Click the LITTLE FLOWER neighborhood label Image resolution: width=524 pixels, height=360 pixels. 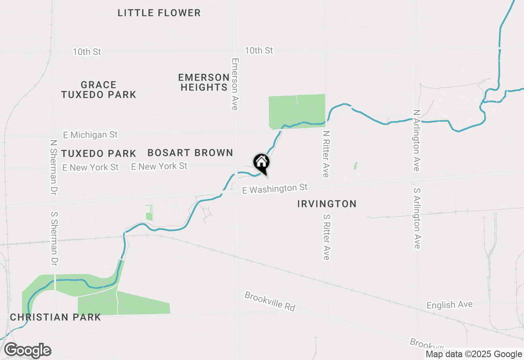click(x=159, y=13)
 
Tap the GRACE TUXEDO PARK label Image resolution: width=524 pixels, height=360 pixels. click(x=99, y=90)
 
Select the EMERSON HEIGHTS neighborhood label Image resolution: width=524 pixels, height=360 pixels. click(x=204, y=82)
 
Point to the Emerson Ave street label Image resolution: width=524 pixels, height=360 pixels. click(x=235, y=84)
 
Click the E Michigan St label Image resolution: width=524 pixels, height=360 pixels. click(x=90, y=135)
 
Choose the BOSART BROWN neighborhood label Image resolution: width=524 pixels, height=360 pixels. click(x=190, y=153)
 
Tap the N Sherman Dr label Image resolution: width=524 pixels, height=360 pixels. click(x=53, y=162)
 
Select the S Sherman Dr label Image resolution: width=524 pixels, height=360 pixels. click(x=54, y=239)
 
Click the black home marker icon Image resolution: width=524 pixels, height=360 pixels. click(x=261, y=162)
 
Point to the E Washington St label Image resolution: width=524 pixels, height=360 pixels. click(x=275, y=189)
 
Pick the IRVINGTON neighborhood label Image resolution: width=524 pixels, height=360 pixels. click(x=327, y=204)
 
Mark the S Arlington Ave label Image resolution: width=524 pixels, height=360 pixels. click(x=417, y=218)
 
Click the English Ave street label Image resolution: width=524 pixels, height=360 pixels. click(x=449, y=305)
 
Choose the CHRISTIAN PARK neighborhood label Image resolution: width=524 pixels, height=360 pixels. click(x=55, y=317)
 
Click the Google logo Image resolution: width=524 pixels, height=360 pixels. click(x=27, y=351)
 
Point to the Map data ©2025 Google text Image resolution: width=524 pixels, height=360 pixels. click(x=474, y=354)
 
